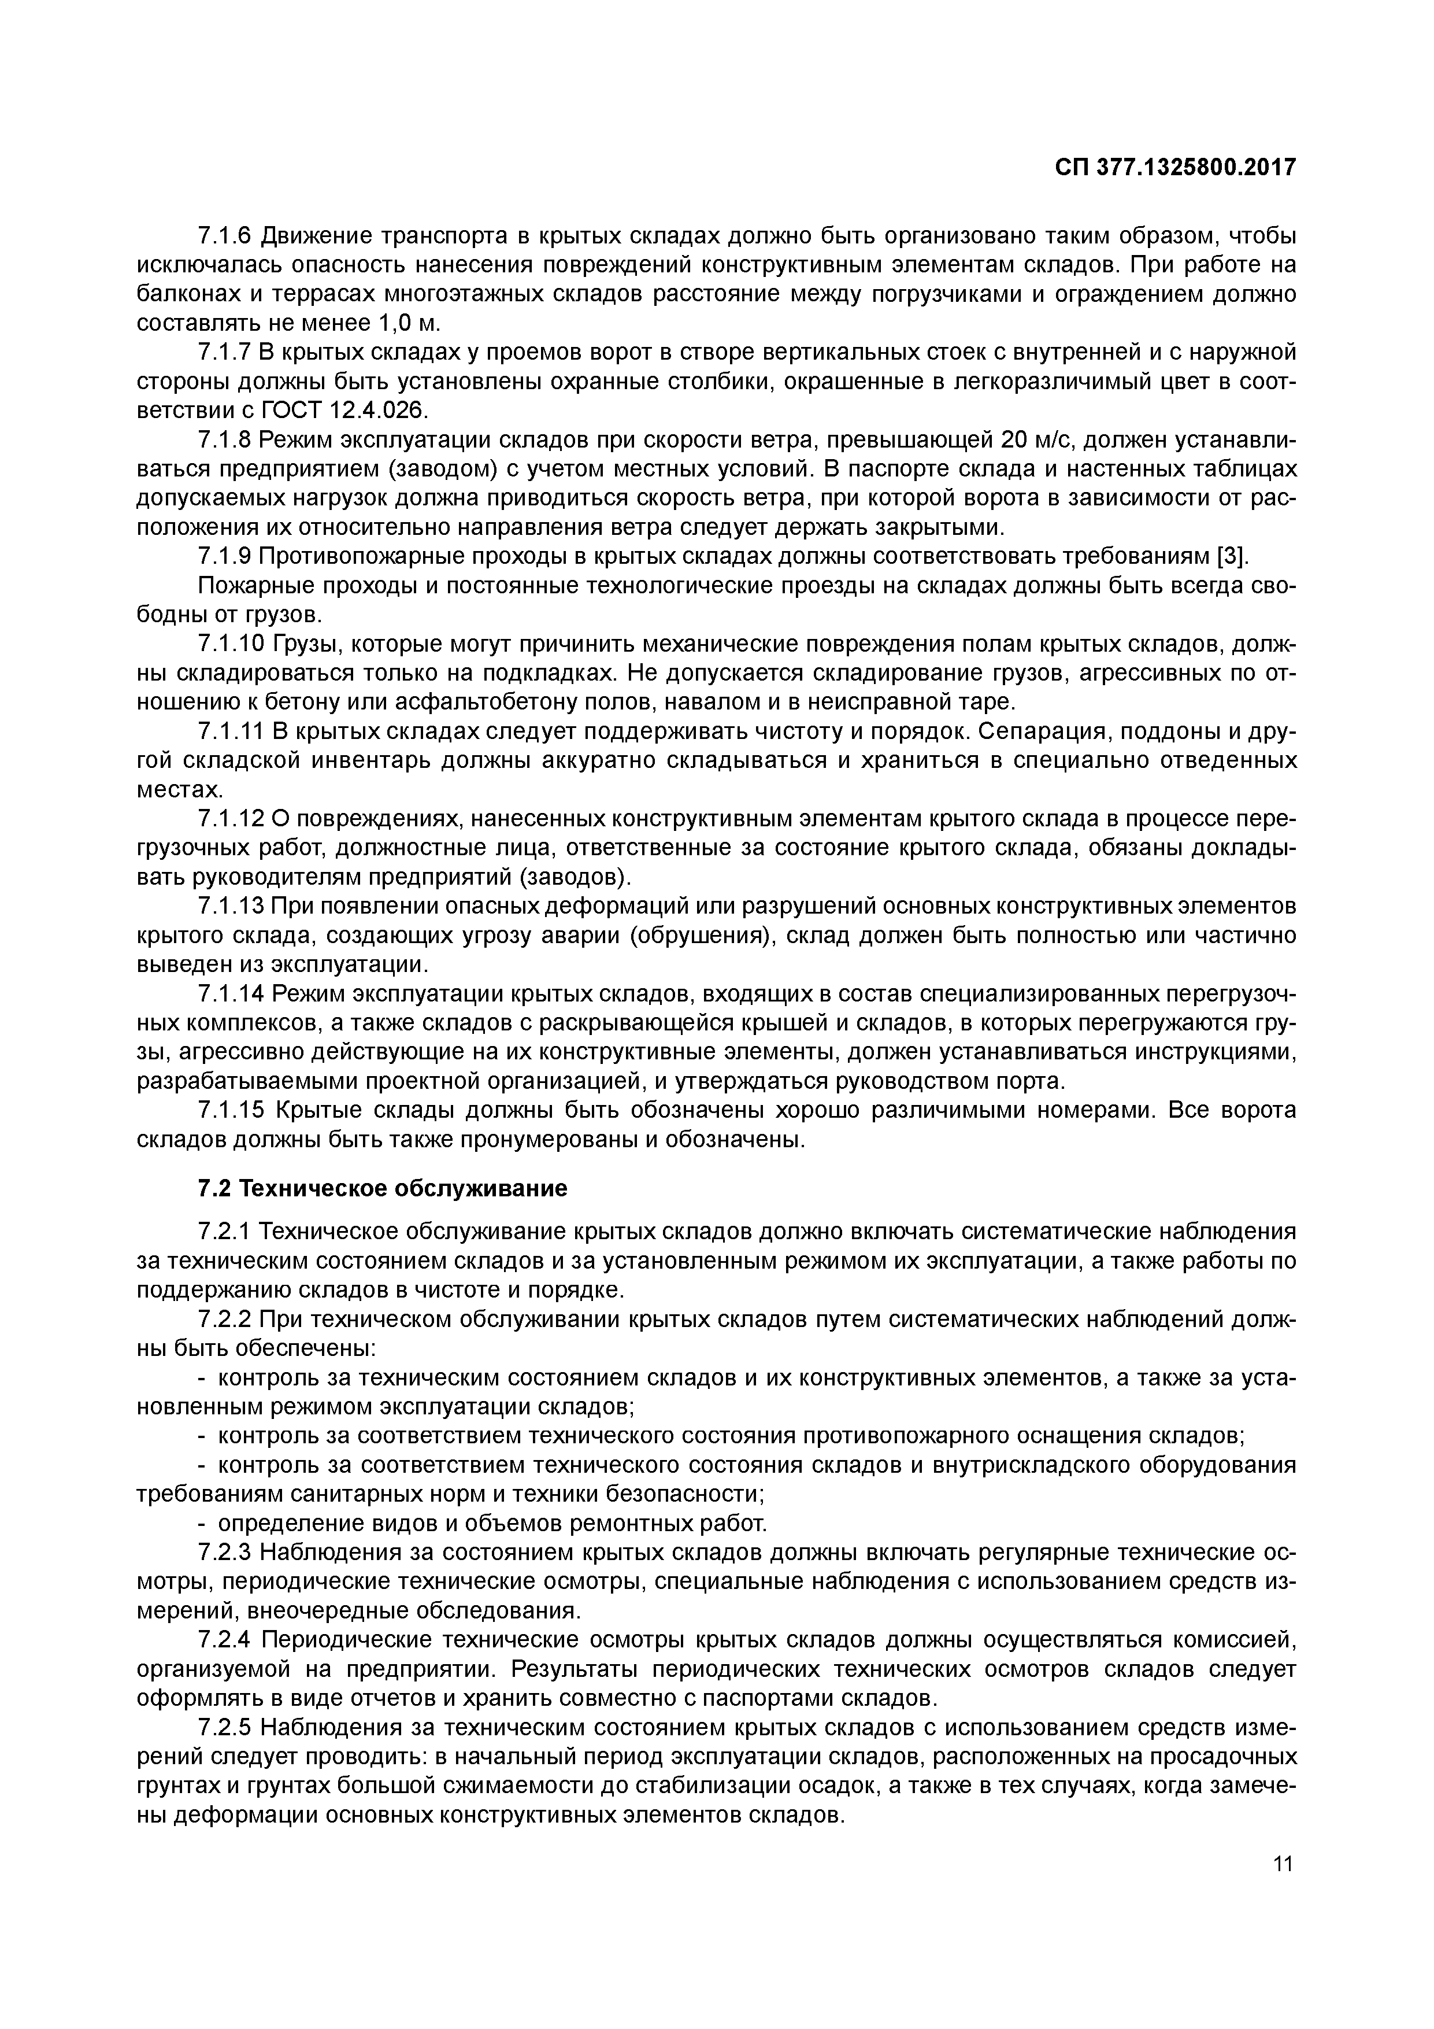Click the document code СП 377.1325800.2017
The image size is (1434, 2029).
pos(1174,167)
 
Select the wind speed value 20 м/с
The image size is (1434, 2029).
pos(1037,440)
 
